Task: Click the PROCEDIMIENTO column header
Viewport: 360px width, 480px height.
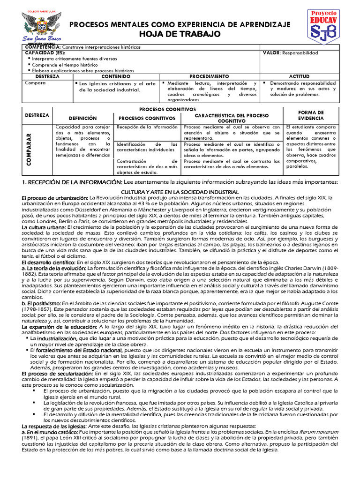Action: coord(209,76)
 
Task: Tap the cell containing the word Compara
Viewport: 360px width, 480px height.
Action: coord(36,82)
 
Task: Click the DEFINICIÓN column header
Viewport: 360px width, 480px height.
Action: coord(83,118)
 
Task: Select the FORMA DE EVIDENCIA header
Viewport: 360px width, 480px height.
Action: coord(311,115)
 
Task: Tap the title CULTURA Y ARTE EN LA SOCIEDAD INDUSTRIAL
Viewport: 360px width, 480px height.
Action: coord(180,192)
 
